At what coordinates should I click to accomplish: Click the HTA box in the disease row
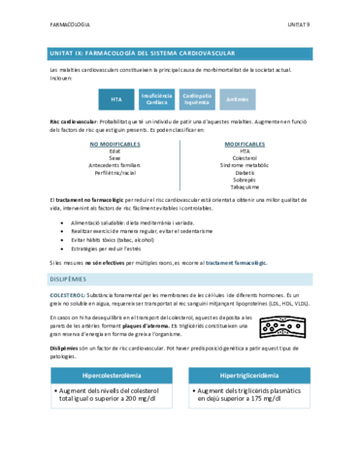tap(116, 98)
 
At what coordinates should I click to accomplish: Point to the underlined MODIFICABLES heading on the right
tap(245, 144)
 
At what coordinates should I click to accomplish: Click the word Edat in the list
tap(115, 150)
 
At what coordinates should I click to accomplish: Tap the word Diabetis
tap(245, 172)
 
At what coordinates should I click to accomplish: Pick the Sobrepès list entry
tap(245, 180)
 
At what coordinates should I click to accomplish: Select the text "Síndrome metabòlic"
tap(245, 165)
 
